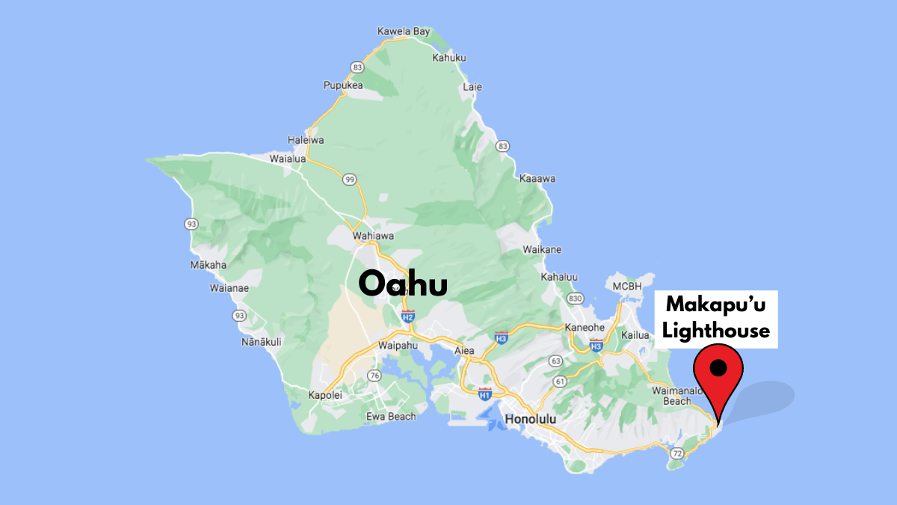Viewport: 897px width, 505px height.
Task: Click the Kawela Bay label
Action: pos(404,31)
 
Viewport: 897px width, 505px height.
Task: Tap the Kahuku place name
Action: pos(449,58)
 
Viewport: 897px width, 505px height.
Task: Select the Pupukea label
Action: pos(343,85)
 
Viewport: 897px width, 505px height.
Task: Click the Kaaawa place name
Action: pos(537,179)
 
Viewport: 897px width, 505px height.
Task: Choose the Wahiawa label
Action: pos(373,236)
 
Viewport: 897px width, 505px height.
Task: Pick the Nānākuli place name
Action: pos(261,342)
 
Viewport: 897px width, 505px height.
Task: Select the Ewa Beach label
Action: pos(391,416)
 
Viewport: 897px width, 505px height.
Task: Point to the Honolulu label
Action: pos(531,419)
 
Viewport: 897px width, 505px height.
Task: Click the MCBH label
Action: pos(627,287)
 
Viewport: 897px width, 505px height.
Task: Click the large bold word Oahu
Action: pos(403,284)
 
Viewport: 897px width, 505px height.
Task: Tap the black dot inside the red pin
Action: pos(718,367)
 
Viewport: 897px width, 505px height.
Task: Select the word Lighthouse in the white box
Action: pos(716,330)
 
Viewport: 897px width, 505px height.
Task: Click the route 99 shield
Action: pos(349,180)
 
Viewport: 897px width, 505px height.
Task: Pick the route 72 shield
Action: pos(676,453)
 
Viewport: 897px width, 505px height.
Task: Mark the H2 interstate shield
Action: pos(407,316)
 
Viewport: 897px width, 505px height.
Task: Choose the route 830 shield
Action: pos(575,299)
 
